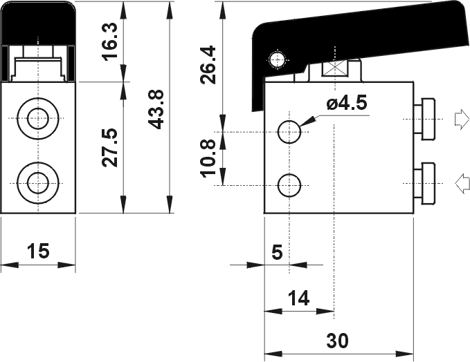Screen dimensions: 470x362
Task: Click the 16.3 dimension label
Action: (110, 41)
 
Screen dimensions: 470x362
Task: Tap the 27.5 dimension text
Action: (110, 147)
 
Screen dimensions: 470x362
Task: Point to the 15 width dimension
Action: (38, 251)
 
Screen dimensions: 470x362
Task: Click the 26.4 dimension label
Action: (208, 64)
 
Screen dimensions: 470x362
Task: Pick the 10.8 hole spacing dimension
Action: (208, 158)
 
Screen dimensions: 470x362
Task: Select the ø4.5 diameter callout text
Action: (347, 104)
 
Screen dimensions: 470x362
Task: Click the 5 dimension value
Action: (277, 252)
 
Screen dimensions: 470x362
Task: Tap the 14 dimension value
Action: (298, 298)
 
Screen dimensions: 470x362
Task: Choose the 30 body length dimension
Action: (338, 341)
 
